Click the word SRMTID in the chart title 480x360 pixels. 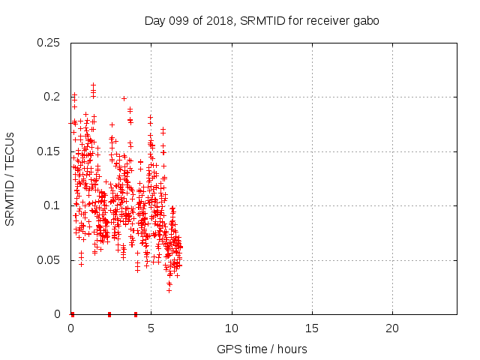click(259, 21)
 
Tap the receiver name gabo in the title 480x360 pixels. click(366, 21)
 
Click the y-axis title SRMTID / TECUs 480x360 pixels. click(10, 178)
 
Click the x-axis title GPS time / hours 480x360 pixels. click(262, 349)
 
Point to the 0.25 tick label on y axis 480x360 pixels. click(49, 42)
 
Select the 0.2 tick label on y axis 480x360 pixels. click(52, 97)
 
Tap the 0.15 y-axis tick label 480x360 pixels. click(49, 151)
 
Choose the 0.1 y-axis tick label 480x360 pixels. click(52, 205)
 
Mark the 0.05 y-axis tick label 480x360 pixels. click(49, 260)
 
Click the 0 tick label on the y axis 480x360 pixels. click(58, 314)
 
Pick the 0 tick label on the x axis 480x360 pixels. click(71, 329)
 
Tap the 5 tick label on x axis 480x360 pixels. click(151, 329)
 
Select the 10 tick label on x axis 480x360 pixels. click(232, 329)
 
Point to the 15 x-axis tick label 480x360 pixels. click(312, 329)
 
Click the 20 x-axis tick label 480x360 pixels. click(392, 329)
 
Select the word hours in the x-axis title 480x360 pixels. click(291, 349)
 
